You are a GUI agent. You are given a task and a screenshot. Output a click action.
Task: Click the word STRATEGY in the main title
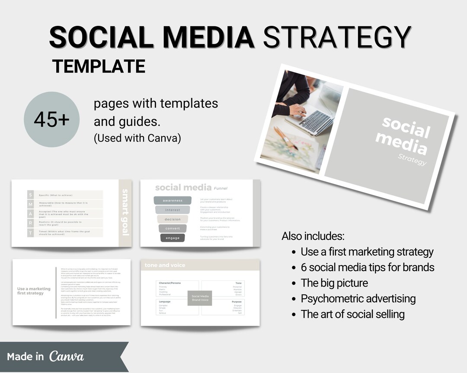(x=337, y=37)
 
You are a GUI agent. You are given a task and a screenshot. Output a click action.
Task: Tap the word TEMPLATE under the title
(x=99, y=66)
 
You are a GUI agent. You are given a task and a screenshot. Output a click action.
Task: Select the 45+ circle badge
(x=52, y=120)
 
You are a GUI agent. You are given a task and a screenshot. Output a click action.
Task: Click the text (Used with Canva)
(x=137, y=139)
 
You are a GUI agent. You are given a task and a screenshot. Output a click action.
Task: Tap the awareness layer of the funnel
(x=173, y=200)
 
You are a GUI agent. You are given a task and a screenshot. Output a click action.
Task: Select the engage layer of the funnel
(x=173, y=238)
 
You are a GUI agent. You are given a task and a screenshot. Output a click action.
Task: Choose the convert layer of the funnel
(x=173, y=228)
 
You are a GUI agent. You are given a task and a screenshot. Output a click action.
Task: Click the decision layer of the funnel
(x=173, y=219)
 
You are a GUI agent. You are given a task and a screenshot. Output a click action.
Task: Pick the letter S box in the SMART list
(x=30, y=195)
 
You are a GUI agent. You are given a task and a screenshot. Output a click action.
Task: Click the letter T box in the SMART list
(x=30, y=233)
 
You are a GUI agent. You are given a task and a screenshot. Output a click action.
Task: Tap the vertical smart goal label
(x=125, y=212)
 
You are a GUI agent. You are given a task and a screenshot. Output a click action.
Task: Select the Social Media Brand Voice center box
(x=200, y=298)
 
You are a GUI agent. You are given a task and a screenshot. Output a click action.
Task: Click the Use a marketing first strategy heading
(x=34, y=291)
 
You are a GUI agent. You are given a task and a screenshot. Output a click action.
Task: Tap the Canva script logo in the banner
(x=67, y=356)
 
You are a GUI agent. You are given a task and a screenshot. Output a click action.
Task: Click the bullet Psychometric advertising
(x=358, y=298)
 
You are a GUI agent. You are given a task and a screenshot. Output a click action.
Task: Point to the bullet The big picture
(x=334, y=283)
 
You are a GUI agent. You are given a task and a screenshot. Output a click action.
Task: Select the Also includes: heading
(x=313, y=236)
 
